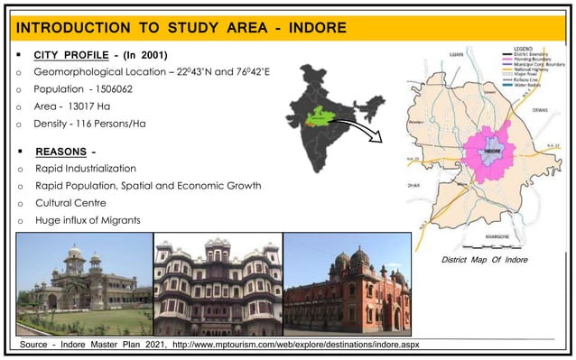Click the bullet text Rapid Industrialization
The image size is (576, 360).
point(86,169)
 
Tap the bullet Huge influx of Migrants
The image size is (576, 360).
point(88,220)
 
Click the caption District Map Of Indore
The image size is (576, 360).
point(484,260)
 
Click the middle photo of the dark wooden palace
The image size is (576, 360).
point(218,283)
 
